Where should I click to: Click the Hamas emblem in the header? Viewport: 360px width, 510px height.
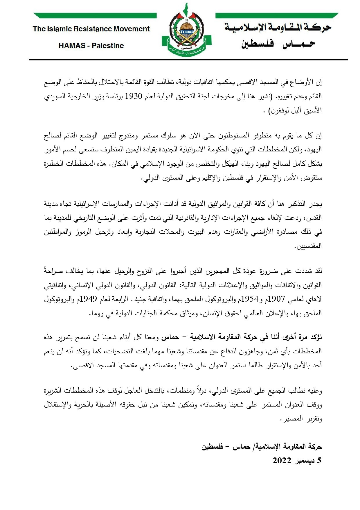coord(186,31)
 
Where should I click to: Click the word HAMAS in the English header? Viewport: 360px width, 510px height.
coord(72,46)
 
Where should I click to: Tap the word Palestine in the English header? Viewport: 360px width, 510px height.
coord(108,46)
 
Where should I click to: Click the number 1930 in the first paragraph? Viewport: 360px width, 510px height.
coord(134,96)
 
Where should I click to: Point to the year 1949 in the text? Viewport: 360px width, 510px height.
coord(89,299)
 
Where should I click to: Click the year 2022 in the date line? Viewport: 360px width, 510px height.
coord(282,461)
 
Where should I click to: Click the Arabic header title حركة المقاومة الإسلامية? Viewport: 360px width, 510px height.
coord(278,28)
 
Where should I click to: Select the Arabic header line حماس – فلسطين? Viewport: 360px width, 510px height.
coord(278,44)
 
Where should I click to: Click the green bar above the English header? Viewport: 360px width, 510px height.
coord(95,15)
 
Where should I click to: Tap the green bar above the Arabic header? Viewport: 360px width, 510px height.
coord(277,15)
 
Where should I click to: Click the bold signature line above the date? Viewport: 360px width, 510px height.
coord(262,446)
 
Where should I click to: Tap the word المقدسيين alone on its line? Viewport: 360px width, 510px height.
coord(309,246)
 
